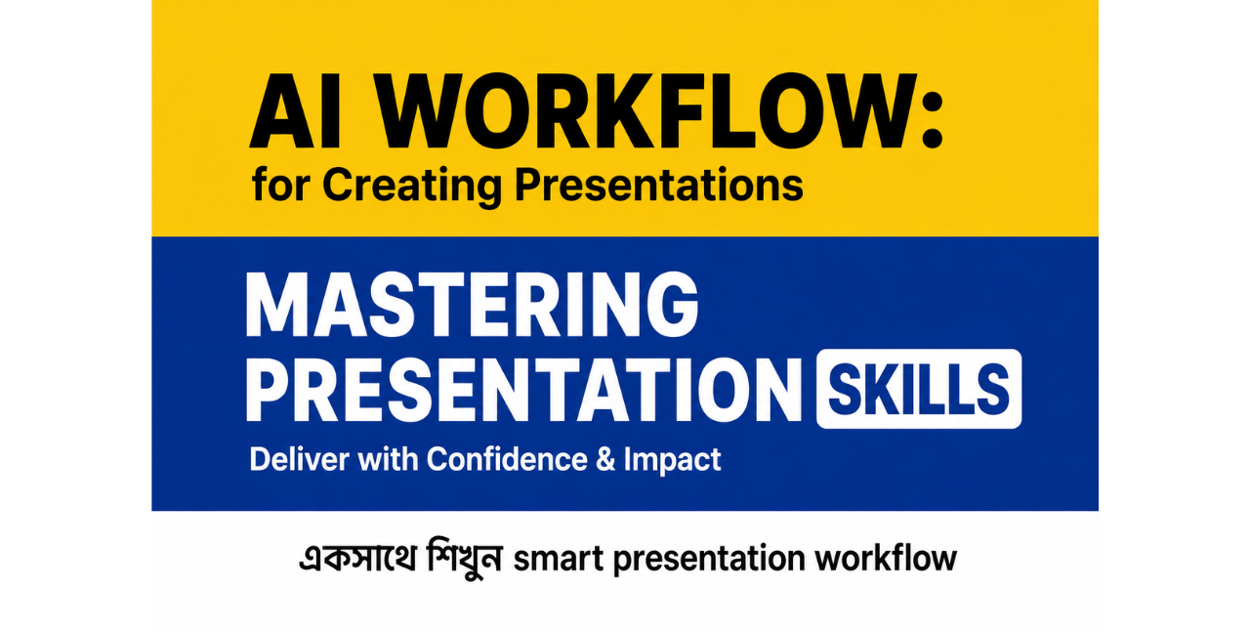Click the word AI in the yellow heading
pos(295,110)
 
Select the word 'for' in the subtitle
pos(280,185)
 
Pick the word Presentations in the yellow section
pos(658,185)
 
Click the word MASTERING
pos(472,305)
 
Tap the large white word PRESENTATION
pos(523,389)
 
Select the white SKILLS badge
pos(919,389)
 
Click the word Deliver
pos(298,459)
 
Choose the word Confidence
pos(507,459)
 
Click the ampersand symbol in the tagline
pos(604,459)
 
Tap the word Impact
pos(672,461)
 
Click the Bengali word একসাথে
pos(357,557)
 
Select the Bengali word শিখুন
pos(464,559)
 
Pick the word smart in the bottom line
pos(558,560)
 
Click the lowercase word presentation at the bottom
pos(709,561)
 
